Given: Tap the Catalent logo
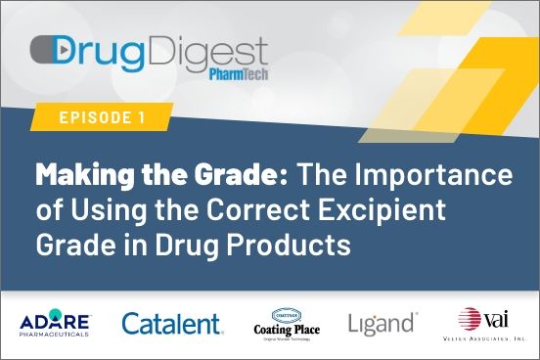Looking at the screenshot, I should pyautogui.click(x=172, y=324).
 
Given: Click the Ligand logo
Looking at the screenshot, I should pyautogui.click(x=382, y=323).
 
